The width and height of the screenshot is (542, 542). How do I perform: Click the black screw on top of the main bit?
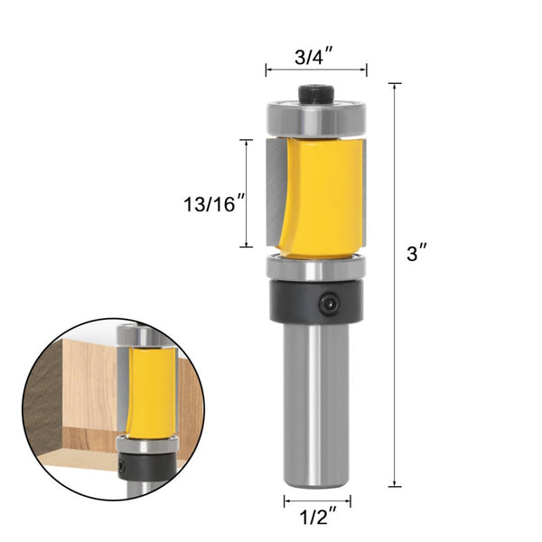tap(315, 94)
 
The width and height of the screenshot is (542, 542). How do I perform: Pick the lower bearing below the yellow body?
tap(315, 267)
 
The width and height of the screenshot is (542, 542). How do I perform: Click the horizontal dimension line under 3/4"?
tap(315, 70)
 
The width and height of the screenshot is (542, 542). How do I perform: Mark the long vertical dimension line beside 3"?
tap(395, 284)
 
